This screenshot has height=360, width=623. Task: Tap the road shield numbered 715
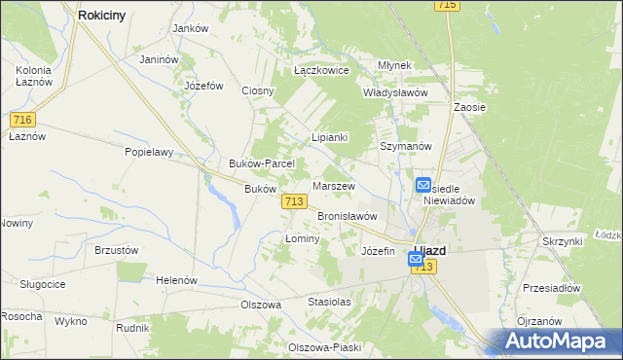coord(448,6)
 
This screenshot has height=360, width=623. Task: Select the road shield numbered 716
coord(23,119)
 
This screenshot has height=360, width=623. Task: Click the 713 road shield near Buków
coord(296,200)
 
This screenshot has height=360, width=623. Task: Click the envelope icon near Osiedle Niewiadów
coord(423,185)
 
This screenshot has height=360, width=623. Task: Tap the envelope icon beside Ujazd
coord(416,260)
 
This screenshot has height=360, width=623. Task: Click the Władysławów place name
coord(395,92)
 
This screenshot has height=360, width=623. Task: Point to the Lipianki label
coord(329,138)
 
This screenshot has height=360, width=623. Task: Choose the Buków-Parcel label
coord(254,163)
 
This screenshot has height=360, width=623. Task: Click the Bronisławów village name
coord(347,216)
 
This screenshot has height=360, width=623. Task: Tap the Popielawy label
coord(148,152)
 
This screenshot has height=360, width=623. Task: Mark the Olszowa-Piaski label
coord(324,347)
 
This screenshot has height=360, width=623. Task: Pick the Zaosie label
coord(469,107)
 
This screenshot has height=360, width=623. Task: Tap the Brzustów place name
coord(116,249)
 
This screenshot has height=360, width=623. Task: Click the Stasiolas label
coord(329,302)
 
